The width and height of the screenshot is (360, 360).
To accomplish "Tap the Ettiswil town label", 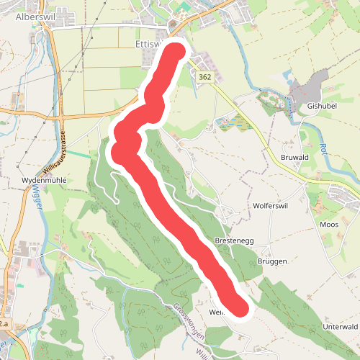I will pyautogui.click(x=150, y=42).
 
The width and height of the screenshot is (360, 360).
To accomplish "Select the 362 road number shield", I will pyautogui.click(x=206, y=77).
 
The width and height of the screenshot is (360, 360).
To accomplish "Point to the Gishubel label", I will pyautogui.click(x=322, y=105).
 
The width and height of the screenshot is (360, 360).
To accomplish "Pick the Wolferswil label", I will pyautogui.click(x=271, y=205).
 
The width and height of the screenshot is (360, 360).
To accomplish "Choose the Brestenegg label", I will pyautogui.click(x=233, y=240).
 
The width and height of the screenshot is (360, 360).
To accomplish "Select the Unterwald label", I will pyautogui.click(x=340, y=327).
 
